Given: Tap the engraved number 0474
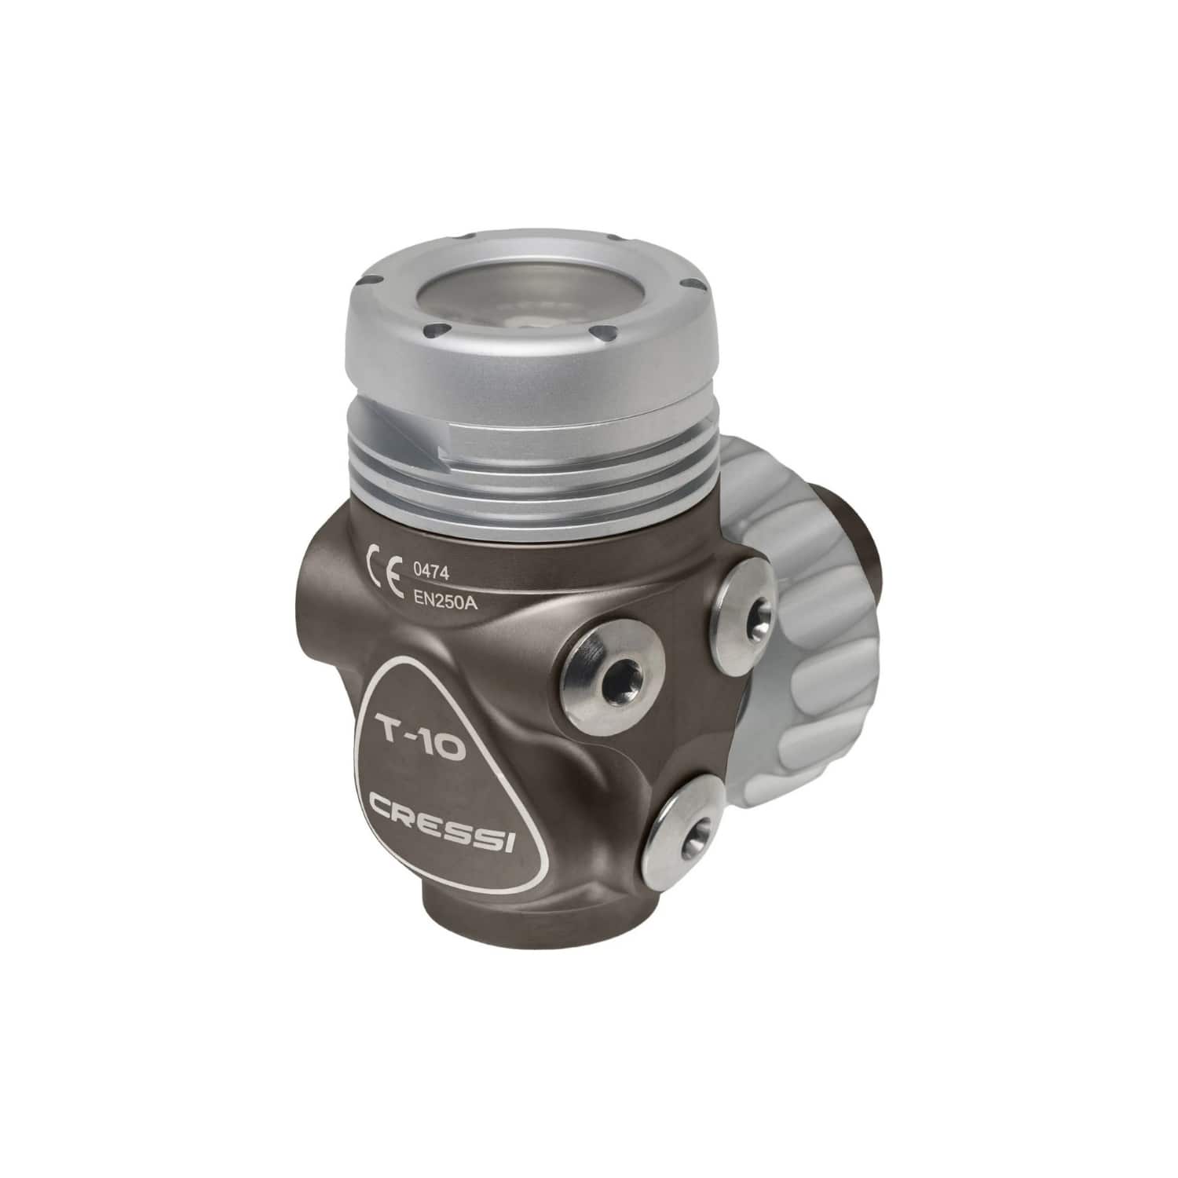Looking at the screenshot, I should pos(430,574).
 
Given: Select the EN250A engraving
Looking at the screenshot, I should pos(444,603).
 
